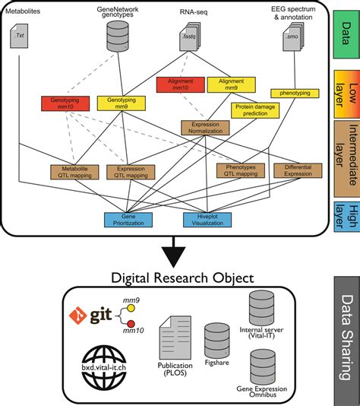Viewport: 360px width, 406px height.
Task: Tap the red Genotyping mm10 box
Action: [x=62, y=103]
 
